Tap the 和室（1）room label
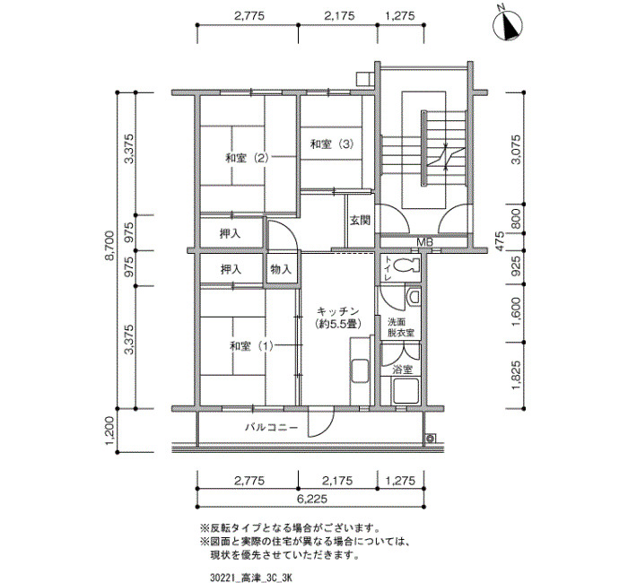[251, 346]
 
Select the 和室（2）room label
[247, 158]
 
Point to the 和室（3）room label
[332, 144]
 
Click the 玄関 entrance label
[360, 221]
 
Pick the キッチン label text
[337, 311]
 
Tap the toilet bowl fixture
[406, 265]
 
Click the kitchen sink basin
[359, 372]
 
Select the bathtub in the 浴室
[406, 391]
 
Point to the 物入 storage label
[281, 269]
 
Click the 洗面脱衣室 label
[400, 327]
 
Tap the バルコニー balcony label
[272, 427]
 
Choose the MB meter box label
[424, 242]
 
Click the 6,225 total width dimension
[312, 499]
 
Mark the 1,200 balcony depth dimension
[110, 431]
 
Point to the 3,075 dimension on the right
[516, 150]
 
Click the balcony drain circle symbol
[431, 439]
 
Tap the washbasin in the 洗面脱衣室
[414, 297]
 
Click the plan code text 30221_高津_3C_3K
[251, 578]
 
